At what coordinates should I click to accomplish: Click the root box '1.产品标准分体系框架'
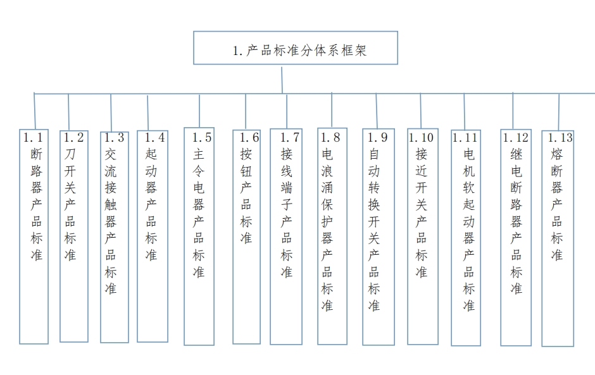point(295,48)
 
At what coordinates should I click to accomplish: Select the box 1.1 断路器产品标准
point(34,237)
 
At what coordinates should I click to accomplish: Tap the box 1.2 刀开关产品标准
point(74,237)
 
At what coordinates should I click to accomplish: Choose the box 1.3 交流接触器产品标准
point(115,237)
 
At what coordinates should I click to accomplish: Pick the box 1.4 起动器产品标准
point(153,237)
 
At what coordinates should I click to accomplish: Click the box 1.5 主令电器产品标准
point(199,237)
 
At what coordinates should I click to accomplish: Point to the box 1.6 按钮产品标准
point(247,237)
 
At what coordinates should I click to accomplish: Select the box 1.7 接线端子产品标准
point(286,237)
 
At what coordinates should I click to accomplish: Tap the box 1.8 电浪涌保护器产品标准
point(332,237)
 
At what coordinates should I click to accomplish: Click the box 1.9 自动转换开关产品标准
point(379,237)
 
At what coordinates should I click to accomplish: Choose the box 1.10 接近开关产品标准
point(423,237)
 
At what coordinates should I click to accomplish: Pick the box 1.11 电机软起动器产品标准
point(466,238)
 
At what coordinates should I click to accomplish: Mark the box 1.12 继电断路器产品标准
point(516,238)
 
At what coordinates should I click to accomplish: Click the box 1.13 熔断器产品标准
point(558,238)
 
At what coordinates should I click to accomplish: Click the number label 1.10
point(421,138)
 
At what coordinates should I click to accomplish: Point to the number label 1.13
point(560,138)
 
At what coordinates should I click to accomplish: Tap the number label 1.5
point(202,138)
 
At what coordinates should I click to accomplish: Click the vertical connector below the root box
point(282,80)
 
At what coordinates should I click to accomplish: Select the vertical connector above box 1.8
point(332,110)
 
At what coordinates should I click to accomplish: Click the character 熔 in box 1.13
point(556,154)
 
